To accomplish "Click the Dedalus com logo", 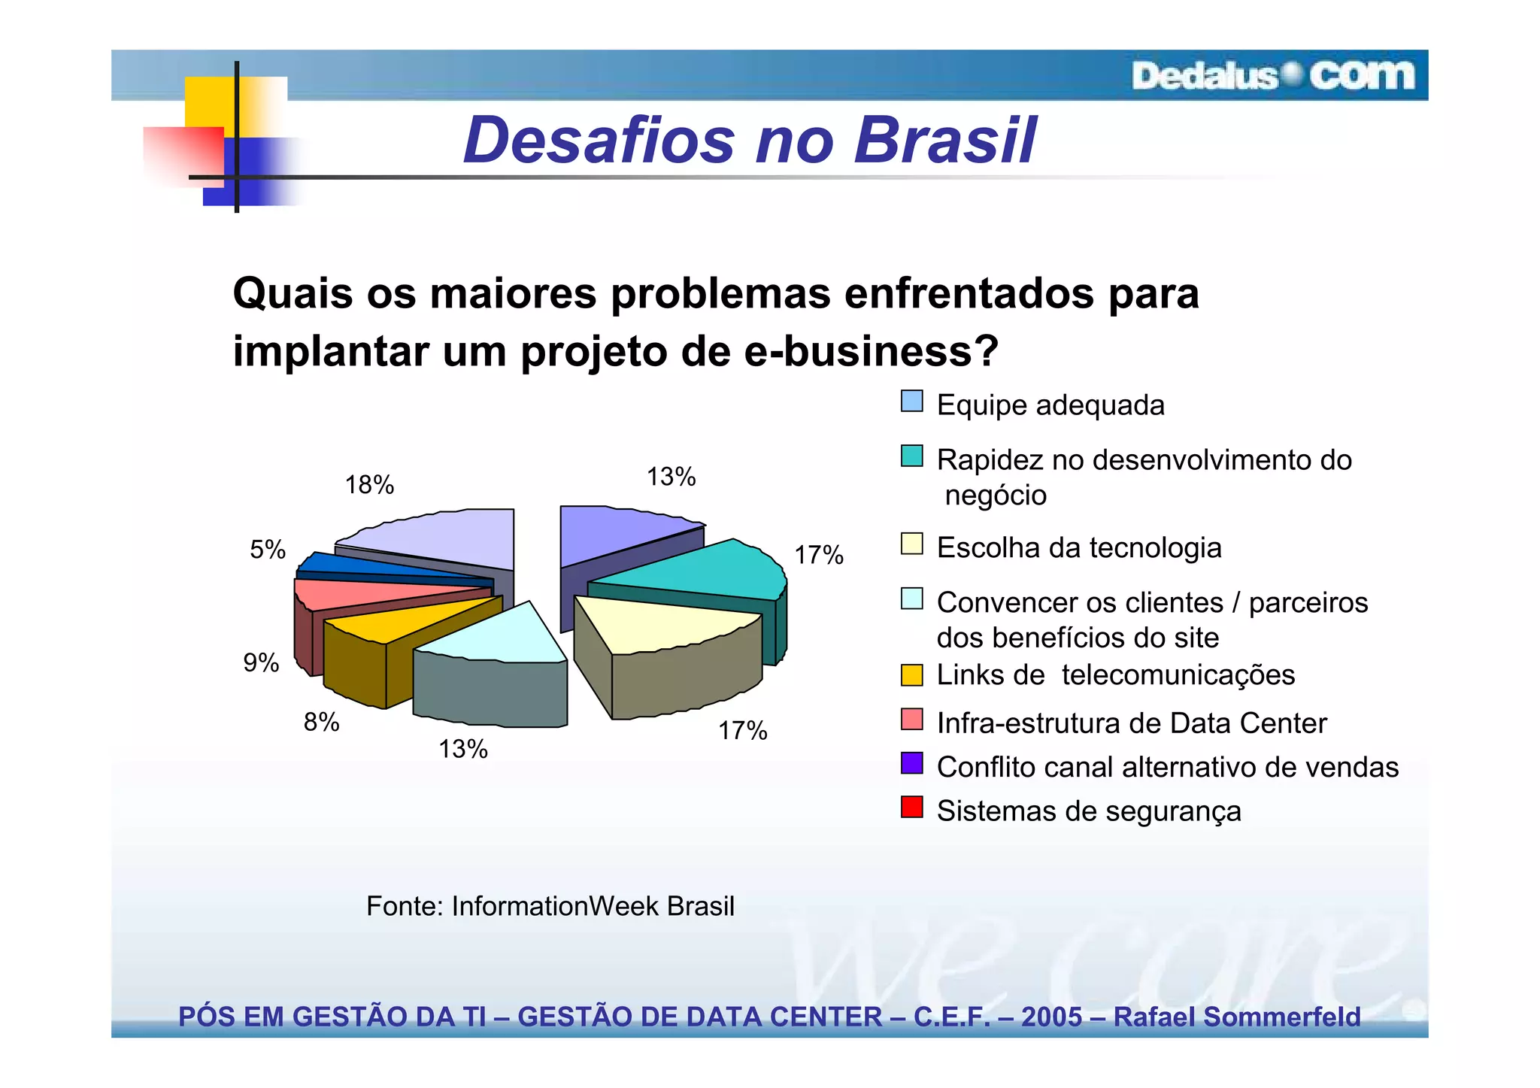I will [1272, 76].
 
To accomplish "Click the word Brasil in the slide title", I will [945, 141].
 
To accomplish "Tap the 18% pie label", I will [369, 485].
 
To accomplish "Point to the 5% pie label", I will [268, 550].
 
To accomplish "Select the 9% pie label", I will [261, 662].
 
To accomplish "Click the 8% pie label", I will [321, 723].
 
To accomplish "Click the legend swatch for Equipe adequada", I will [911, 402].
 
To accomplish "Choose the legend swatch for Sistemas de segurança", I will [911, 808].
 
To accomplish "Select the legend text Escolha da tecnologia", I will [1078, 547].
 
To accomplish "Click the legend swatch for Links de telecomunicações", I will [911, 674].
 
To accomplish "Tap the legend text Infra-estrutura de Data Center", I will [1131, 723].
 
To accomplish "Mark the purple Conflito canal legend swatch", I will [911, 763].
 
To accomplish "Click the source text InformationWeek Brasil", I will [593, 906].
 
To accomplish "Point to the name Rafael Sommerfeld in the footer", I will [1236, 1017].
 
